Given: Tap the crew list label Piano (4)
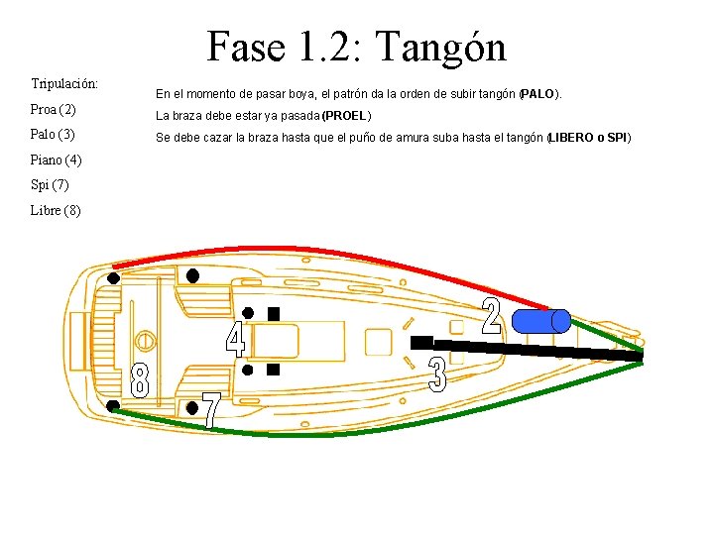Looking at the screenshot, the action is [x=56, y=160].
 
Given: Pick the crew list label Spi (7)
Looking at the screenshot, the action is [x=51, y=185].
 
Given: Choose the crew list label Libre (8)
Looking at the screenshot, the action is [x=56, y=210].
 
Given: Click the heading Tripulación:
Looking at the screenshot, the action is [x=63, y=83].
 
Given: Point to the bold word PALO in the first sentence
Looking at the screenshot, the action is [x=539, y=95].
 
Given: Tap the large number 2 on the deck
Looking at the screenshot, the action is [x=491, y=314].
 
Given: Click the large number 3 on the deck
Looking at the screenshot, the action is [x=437, y=374].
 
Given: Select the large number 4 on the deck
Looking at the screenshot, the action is [x=235, y=339].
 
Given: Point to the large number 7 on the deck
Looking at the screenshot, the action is [x=211, y=410].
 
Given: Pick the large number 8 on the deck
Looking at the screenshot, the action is [x=141, y=380].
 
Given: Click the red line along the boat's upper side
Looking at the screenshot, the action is [x=327, y=255].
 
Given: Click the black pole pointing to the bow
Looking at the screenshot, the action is [x=535, y=349].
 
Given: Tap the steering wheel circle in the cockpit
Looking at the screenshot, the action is [x=145, y=341].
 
